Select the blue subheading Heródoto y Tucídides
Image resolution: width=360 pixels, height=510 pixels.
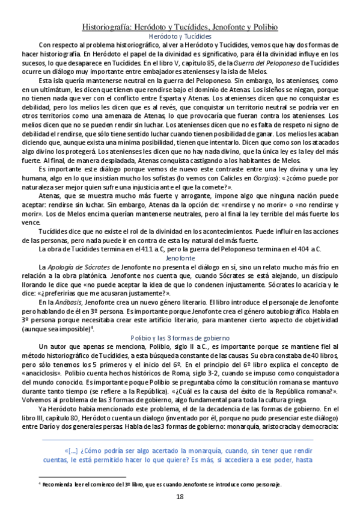[180, 36]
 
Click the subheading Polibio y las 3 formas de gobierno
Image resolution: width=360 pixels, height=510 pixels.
[180, 338]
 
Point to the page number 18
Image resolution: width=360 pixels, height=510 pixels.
[180, 496]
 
